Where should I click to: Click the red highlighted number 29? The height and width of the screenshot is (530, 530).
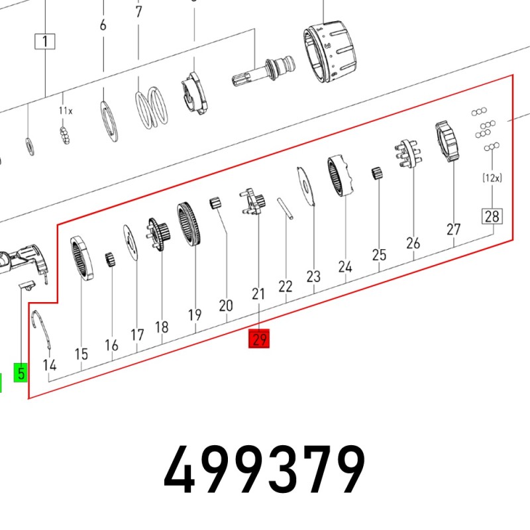point(259,339)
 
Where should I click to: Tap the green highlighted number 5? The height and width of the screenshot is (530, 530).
point(21,372)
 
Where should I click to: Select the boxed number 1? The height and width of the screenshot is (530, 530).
point(45,41)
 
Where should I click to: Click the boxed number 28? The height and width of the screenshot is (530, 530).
point(492,217)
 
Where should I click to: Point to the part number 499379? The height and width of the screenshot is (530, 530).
point(264,470)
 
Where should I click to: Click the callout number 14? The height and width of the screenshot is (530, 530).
point(50,365)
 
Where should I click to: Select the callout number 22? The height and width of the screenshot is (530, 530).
point(286,286)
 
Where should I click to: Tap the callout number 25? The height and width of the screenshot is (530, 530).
point(379,255)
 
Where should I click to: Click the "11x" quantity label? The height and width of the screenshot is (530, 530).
point(66,111)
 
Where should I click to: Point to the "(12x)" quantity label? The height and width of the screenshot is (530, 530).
point(492,178)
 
